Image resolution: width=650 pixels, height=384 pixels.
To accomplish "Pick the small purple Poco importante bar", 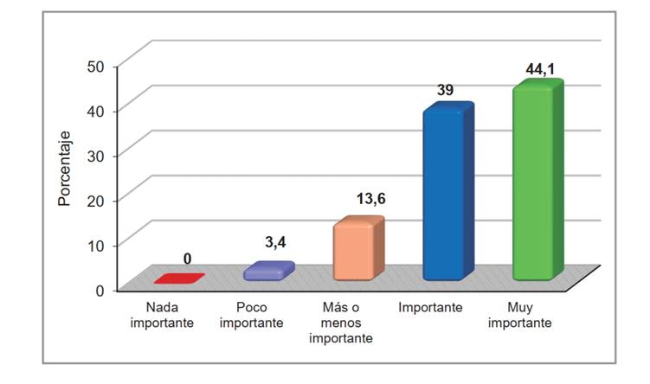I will (x=265, y=272).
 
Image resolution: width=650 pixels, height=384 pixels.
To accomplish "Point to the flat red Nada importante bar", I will (x=178, y=279).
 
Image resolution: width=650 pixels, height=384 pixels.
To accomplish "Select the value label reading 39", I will (x=447, y=91).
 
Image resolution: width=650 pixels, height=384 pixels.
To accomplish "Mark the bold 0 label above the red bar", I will (x=187, y=259).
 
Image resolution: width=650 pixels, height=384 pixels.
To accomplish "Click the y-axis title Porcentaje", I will (x=63, y=168).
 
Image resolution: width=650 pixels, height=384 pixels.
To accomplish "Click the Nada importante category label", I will (x=164, y=316).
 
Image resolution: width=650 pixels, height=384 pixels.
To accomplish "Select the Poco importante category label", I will (x=252, y=316).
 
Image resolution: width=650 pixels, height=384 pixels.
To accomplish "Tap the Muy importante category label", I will (x=520, y=316).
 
